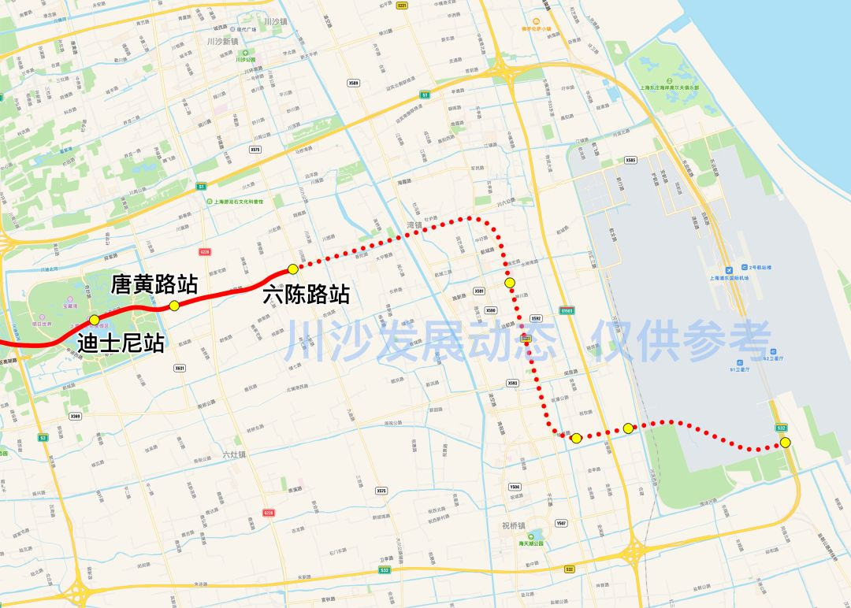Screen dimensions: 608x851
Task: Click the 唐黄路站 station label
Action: click(154, 284)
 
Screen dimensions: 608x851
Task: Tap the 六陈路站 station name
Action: click(307, 295)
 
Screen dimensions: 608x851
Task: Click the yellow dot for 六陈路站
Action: click(293, 269)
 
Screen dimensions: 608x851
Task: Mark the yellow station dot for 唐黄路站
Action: click(174, 306)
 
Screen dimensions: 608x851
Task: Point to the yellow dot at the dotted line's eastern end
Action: click(785, 443)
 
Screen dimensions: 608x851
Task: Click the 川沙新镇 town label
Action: click(221, 41)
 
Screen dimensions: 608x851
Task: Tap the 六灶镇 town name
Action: click(234, 454)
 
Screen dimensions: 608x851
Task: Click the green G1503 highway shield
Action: click(567, 311)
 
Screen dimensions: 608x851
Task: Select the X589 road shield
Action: click(353, 83)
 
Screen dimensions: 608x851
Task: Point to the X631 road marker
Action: click(180, 368)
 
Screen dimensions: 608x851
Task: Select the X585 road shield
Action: click(630, 160)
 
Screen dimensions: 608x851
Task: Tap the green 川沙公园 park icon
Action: click(240, 59)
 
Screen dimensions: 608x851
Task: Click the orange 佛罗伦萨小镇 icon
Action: click(537, 22)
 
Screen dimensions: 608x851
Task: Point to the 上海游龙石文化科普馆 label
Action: click(239, 202)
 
